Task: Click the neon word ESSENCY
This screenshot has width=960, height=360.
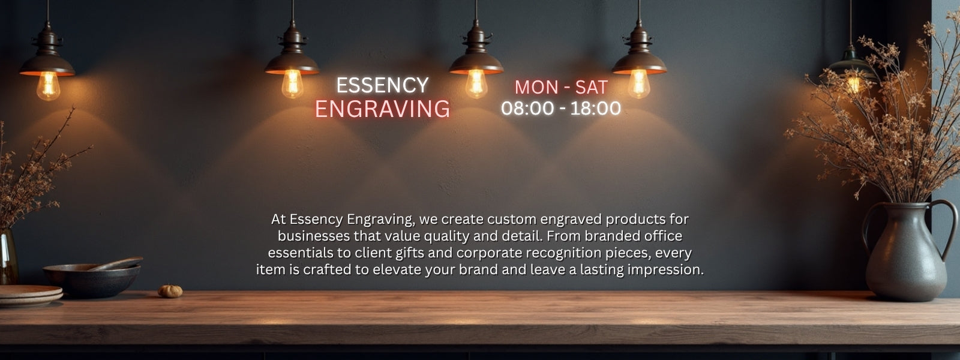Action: click(x=382, y=85)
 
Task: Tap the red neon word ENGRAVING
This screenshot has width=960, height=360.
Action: click(x=382, y=109)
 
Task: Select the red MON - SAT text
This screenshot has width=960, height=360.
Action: click(x=561, y=88)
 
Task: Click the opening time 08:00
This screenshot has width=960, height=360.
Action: click(x=527, y=109)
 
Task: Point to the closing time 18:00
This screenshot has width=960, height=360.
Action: click(x=595, y=109)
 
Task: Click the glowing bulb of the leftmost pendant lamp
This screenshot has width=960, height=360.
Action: click(x=48, y=85)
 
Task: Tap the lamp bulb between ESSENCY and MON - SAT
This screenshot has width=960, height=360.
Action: click(x=476, y=83)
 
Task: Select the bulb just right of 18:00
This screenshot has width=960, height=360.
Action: click(x=639, y=83)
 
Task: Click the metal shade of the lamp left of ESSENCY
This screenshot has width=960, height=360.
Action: click(x=292, y=63)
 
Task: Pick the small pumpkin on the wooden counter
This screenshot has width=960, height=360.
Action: click(x=170, y=291)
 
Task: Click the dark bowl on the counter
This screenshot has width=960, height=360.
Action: click(x=92, y=281)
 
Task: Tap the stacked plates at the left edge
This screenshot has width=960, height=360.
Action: click(x=30, y=296)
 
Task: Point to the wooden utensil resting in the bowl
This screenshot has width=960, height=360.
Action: click(x=116, y=263)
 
